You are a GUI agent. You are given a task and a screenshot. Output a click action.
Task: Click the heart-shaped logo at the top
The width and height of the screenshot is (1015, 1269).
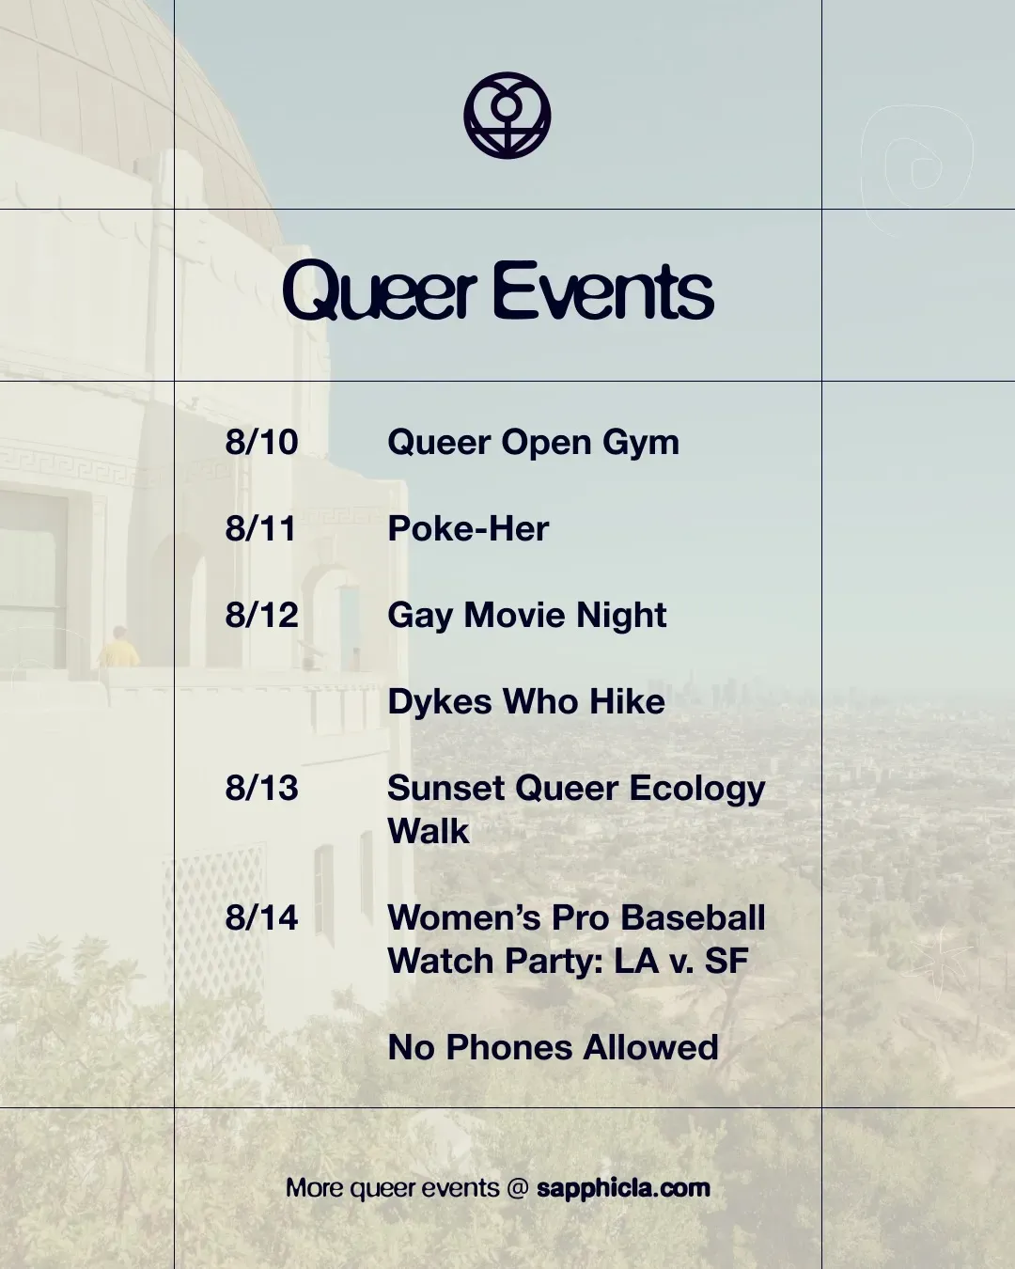pyautogui.click(x=507, y=116)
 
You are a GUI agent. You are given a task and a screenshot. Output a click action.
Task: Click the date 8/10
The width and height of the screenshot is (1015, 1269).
pyautogui.click(x=261, y=442)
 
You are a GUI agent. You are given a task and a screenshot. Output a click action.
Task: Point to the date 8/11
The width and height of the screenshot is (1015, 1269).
pyautogui.click(x=260, y=527)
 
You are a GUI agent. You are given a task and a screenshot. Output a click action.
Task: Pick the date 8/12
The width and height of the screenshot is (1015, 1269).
pyautogui.click(x=261, y=615)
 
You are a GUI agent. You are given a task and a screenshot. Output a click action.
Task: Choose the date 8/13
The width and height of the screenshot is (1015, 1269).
pyautogui.click(x=261, y=788)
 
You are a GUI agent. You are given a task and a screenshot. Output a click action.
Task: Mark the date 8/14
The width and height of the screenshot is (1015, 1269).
pyautogui.click(x=261, y=917)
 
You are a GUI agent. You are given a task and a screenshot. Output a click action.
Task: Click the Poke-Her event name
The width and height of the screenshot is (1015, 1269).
pyautogui.click(x=468, y=527)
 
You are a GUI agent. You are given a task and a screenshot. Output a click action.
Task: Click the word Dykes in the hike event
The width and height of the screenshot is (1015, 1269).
pyautogui.click(x=440, y=701)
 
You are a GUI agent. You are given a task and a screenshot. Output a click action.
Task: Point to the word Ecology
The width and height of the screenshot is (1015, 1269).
pyautogui.click(x=697, y=791)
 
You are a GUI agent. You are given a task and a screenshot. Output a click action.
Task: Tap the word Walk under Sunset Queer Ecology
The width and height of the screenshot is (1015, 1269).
pyautogui.click(x=429, y=831)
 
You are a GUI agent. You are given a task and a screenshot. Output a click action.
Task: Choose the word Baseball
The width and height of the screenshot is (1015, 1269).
pyautogui.click(x=693, y=917)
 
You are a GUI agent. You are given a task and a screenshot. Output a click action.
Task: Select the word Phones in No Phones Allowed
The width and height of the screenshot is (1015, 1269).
pyautogui.click(x=509, y=1047)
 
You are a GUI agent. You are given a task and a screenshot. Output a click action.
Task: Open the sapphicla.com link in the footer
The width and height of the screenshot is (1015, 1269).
pyautogui.click(x=623, y=1188)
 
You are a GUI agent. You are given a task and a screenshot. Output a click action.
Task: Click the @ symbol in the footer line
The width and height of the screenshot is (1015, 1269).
pyautogui.click(x=518, y=1188)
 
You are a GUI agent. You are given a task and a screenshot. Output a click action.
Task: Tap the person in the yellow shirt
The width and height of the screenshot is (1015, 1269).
pyautogui.click(x=118, y=647)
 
